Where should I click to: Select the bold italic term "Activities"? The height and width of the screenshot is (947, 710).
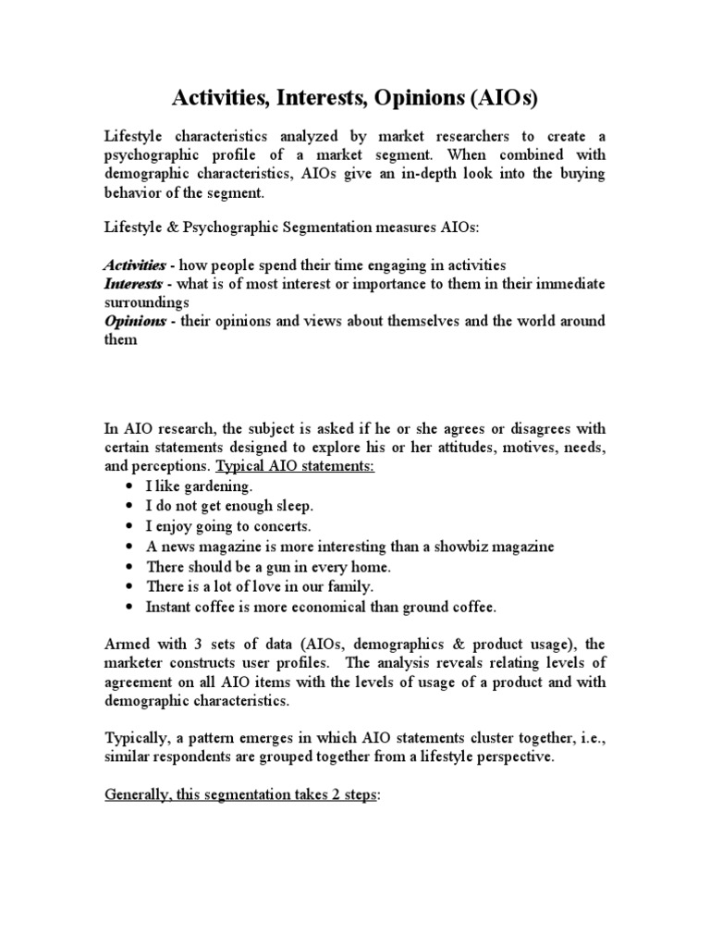(x=134, y=264)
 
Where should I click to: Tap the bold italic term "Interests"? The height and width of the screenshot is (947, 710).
(x=132, y=283)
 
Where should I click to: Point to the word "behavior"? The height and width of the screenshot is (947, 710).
(x=131, y=192)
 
